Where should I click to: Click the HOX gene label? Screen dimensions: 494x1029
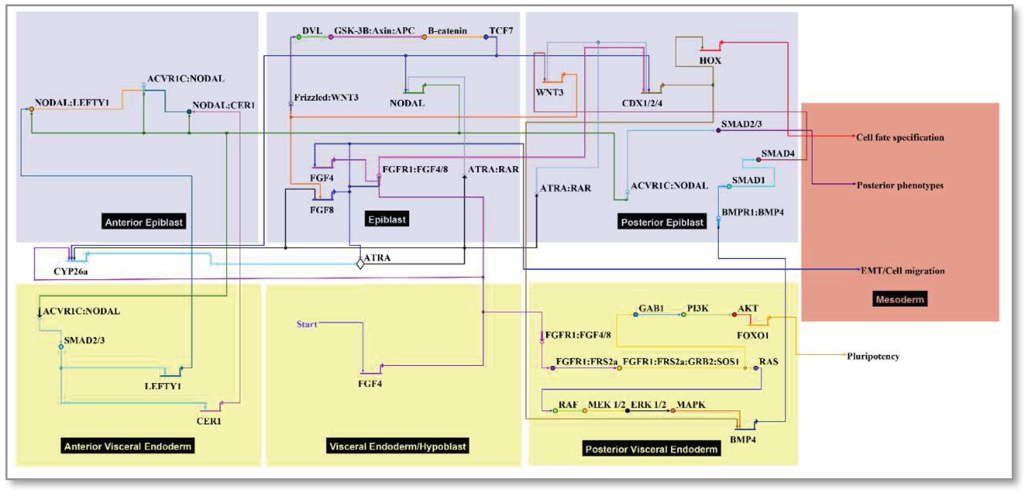710,61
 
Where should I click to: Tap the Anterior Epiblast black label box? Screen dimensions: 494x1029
144,222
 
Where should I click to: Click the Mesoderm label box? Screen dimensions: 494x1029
900,299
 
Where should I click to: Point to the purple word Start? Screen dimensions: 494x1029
306,324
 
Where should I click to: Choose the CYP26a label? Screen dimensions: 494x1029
71,271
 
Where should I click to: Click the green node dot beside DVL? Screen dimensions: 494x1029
299,37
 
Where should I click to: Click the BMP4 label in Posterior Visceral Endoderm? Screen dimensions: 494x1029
743,439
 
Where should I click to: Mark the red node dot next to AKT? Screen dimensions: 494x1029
734,315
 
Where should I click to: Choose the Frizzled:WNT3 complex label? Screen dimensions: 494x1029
326,97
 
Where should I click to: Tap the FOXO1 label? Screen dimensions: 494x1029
753,335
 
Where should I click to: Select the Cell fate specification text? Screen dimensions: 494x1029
900,137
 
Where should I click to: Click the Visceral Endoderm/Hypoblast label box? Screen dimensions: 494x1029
397,446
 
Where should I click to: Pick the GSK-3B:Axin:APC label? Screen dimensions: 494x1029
374,31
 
